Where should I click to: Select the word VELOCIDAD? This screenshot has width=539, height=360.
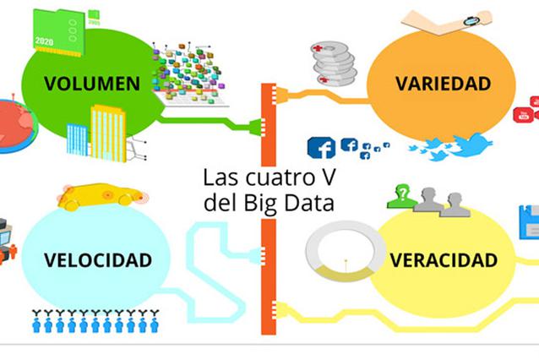point(87,259)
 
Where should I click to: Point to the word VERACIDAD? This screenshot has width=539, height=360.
point(444,259)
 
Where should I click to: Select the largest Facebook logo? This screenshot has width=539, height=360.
point(321,148)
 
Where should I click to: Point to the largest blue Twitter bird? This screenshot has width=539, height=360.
point(471,145)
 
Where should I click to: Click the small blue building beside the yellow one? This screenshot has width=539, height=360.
point(77,139)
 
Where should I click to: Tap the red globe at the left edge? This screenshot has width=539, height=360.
point(13,125)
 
